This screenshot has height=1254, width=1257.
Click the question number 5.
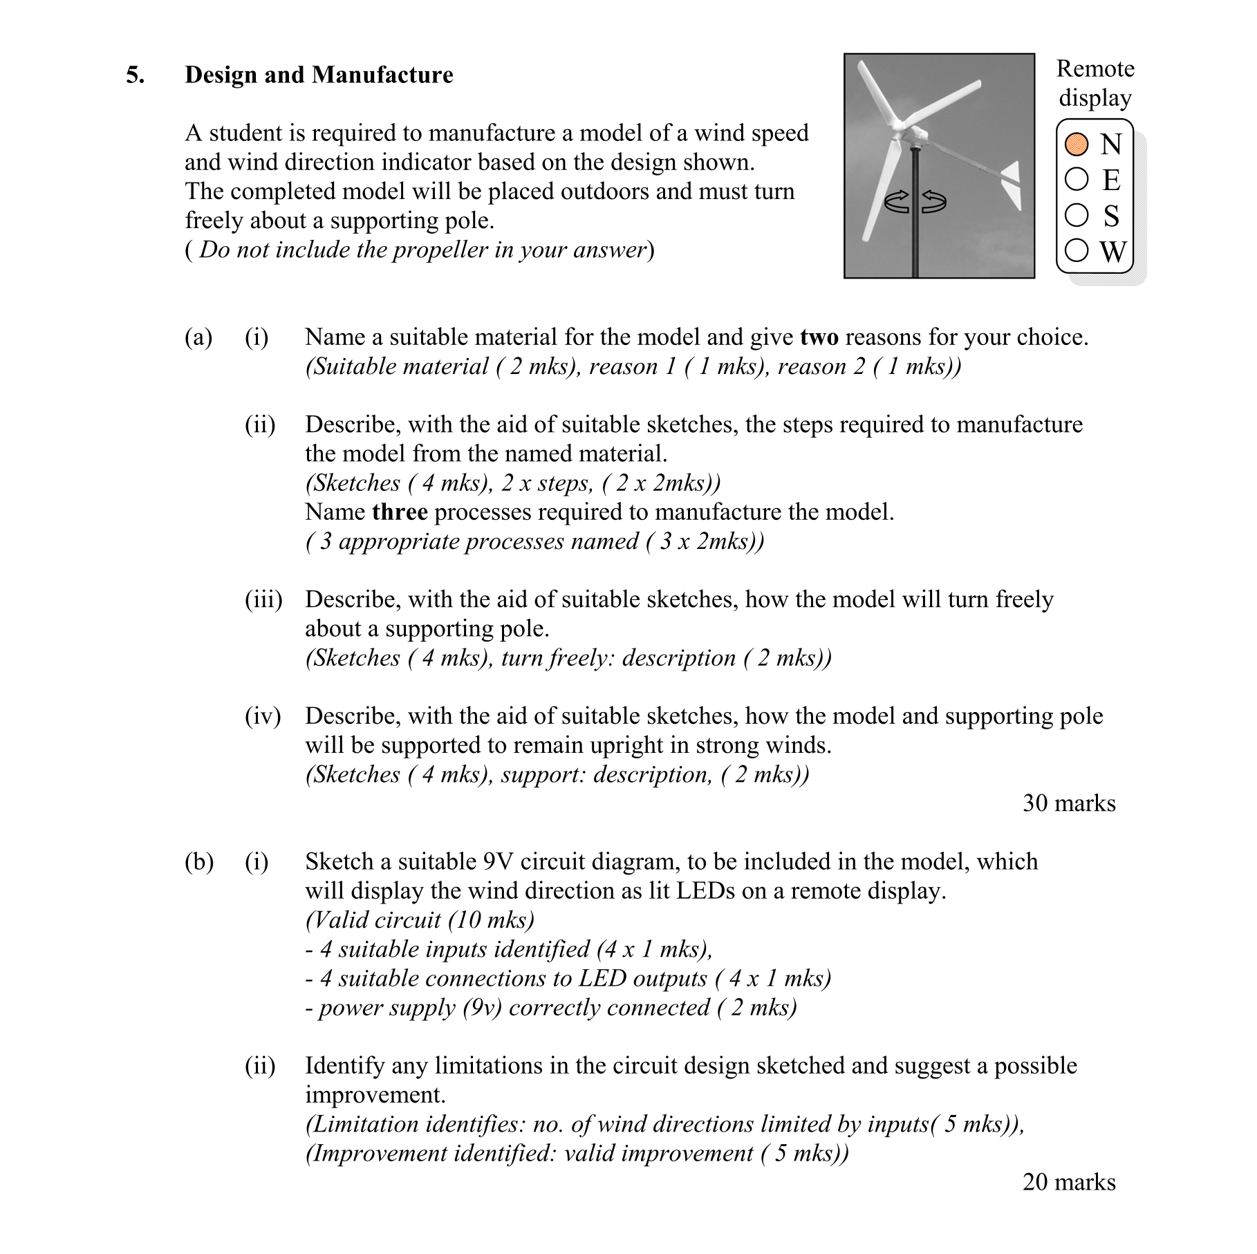point(135,75)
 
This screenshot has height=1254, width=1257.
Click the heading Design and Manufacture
point(319,75)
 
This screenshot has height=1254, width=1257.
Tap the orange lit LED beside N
point(1077,144)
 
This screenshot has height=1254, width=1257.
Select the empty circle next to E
point(1077,179)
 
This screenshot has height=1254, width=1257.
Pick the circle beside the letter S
point(1077,215)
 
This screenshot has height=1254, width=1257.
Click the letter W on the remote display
point(1112,252)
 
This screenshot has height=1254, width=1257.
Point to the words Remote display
point(1095,83)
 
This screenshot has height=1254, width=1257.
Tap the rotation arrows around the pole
point(915,202)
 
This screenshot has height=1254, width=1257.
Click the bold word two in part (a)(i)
point(819,337)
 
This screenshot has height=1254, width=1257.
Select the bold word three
point(400,512)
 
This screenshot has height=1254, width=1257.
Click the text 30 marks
point(1069,803)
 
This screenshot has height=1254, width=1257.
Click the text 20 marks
point(1069,1182)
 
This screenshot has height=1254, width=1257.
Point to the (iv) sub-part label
point(263,716)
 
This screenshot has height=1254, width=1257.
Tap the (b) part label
point(199,862)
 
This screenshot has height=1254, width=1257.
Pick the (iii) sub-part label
point(263,599)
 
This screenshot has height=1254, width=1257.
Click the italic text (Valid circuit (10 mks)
point(420,920)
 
